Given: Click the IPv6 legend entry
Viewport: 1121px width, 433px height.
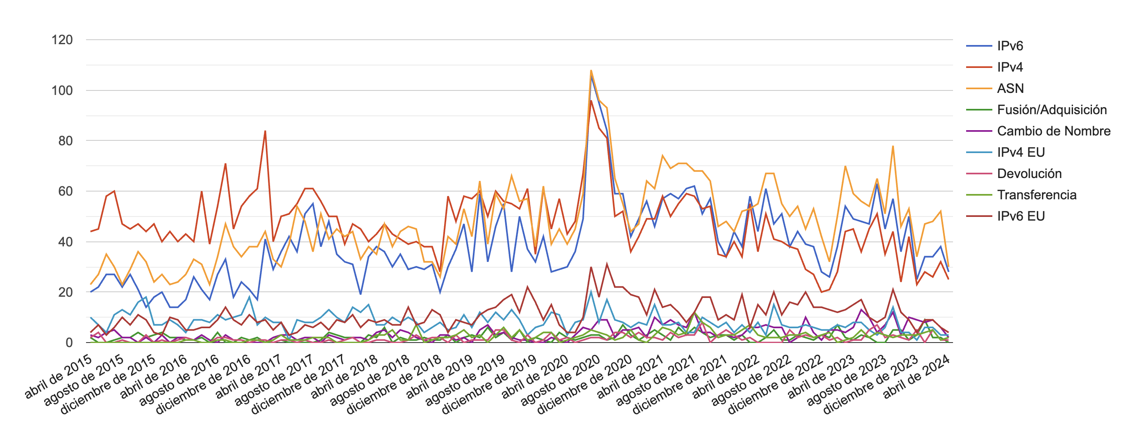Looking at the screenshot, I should coord(1010,46).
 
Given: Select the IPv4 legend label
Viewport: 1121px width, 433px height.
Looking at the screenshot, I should coord(1010,67).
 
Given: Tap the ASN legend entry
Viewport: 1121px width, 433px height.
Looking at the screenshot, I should coord(1010,88).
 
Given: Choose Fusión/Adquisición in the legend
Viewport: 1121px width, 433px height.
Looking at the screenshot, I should coord(1051,110).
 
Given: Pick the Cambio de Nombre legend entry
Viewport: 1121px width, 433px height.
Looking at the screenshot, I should coord(1053,131).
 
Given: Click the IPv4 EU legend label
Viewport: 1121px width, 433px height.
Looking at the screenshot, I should coord(1021,152).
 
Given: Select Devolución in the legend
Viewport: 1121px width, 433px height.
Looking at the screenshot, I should coord(1029,174).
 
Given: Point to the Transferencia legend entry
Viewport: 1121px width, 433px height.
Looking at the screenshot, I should coord(1037,195).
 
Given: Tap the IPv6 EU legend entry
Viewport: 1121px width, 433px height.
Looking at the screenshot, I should coord(1021,216).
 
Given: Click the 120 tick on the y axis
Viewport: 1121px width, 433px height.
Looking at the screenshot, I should coord(62,40).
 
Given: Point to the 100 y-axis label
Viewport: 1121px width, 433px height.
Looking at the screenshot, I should coord(62,90).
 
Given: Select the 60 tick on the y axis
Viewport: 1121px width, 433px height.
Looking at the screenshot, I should coord(65,191).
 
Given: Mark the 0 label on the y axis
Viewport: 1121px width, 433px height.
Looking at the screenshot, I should coord(69,343).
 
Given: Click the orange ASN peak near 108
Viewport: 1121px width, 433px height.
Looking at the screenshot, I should coord(591,70).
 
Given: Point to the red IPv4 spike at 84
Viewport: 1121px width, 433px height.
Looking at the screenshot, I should coord(265,131).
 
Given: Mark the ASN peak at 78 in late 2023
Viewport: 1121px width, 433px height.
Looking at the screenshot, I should coord(893,146).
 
